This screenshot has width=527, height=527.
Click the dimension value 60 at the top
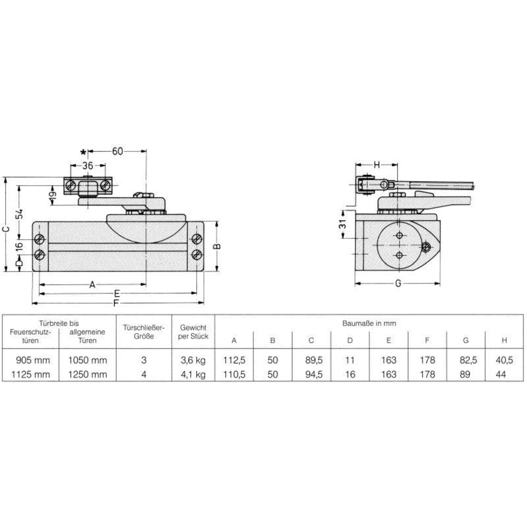117,151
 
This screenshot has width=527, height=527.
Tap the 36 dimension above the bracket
88,166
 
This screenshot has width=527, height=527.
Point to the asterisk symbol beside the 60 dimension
83,152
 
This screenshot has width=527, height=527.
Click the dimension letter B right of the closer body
217,246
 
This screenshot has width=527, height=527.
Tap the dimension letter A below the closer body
92,285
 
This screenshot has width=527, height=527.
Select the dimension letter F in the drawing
116,303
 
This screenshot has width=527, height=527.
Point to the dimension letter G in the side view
398,283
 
